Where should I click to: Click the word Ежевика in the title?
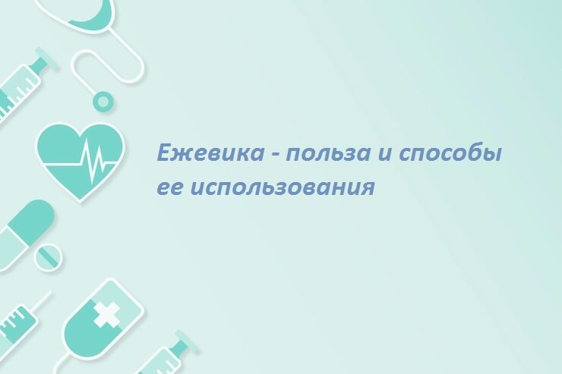click(210, 153)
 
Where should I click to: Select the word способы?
click(450, 153)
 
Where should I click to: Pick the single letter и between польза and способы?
click(385, 154)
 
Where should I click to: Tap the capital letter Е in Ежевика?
click(165, 152)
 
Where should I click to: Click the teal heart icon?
click(81, 161)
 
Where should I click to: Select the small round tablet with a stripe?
click(49, 256)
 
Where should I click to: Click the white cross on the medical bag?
click(106, 314)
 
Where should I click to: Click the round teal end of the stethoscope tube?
click(103, 102)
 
